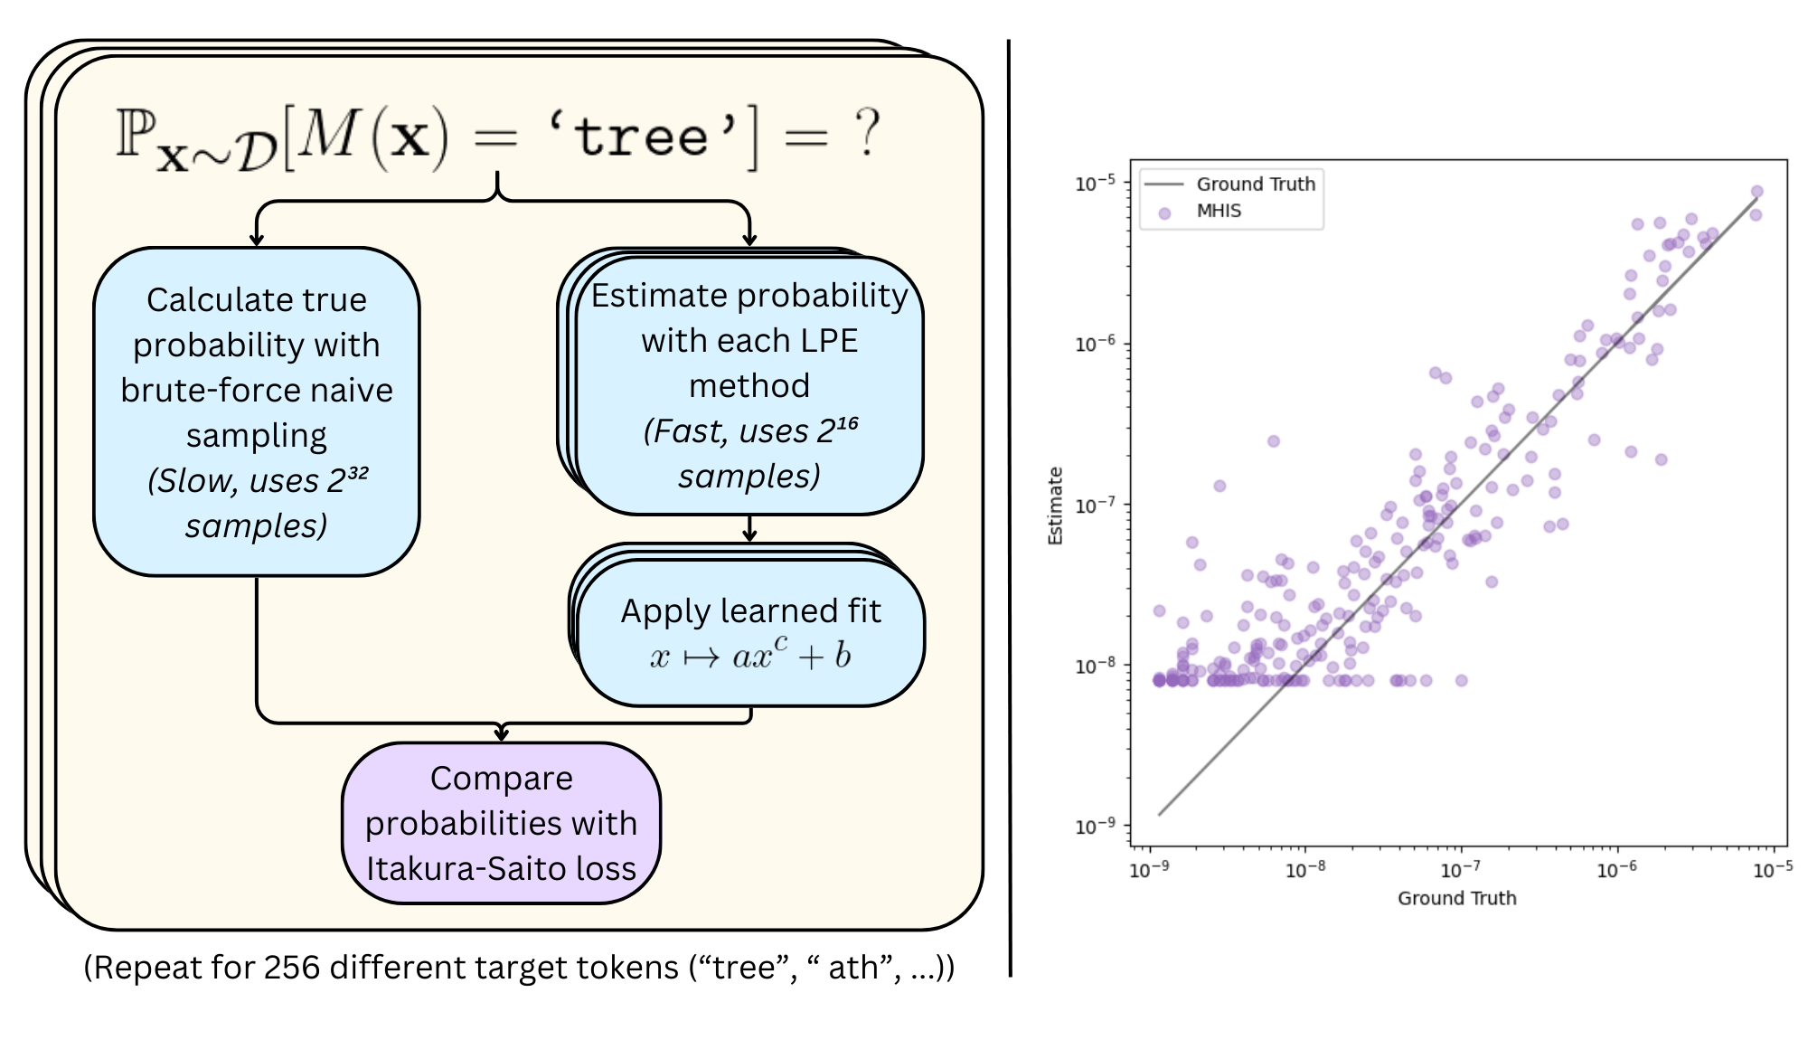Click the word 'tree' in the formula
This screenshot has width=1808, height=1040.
pos(641,137)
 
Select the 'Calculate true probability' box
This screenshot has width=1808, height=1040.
pos(257,411)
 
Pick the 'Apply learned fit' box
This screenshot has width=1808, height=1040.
pos(750,632)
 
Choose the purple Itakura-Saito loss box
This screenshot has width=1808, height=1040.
pos(501,823)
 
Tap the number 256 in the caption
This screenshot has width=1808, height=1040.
pos(292,968)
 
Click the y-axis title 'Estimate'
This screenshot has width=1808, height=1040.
pos(1054,506)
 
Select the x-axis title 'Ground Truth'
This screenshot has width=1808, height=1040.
pos(1456,898)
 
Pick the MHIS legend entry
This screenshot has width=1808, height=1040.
pos(1219,211)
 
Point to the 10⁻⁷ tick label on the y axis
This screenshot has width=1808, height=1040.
pos(1095,505)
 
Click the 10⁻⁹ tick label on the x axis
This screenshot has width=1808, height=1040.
pos(1149,870)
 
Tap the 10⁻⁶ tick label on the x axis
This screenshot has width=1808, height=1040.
pos(1616,870)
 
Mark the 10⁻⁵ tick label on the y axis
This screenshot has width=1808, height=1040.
pos(1095,184)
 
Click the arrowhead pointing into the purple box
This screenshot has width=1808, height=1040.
pos(502,734)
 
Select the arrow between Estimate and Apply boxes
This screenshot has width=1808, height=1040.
pos(749,529)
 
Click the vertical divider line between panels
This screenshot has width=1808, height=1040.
pos(1009,506)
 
